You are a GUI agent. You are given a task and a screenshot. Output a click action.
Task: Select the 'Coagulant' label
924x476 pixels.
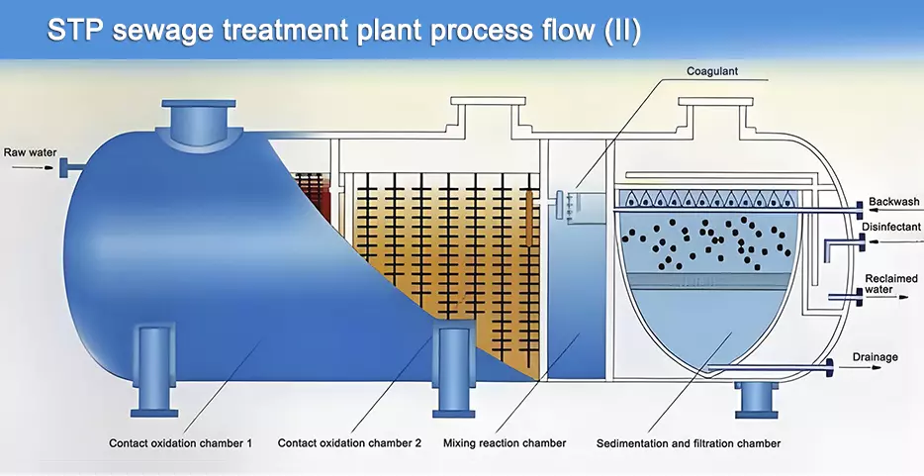coord(712,71)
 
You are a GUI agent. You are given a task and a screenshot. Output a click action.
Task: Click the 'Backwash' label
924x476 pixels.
coord(894,202)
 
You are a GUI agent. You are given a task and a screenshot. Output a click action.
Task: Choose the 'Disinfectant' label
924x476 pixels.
coord(890,227)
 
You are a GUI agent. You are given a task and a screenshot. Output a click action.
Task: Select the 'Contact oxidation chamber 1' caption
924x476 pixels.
coord(180,443)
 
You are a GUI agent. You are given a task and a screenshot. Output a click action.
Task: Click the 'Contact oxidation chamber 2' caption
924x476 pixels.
coord(349,443)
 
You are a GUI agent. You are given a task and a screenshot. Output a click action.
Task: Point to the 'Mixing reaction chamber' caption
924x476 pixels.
coord(505,443)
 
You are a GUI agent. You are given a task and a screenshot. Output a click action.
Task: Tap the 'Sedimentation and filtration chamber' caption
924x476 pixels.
coord(689,443)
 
